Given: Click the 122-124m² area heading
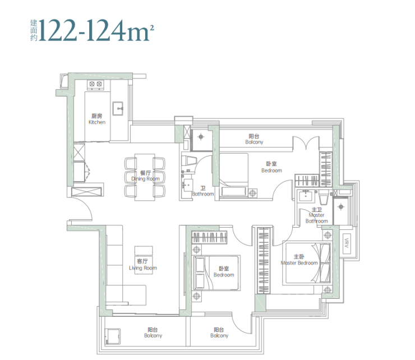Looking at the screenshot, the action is click(x=92, y=30).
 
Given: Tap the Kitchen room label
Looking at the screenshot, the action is click(x=97, y=119).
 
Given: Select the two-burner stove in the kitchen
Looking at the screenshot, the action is click(x=95, y=84).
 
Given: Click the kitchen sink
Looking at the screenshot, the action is click(x=118, y=108).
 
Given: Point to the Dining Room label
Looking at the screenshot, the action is click(x=146, y=176).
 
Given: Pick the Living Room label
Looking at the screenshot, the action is click(x=143, y=265).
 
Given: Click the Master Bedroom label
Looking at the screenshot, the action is click(x=299, y=260).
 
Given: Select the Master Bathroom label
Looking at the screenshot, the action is click(x=316, y=215).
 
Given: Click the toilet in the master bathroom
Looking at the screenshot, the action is click(x=324, y=198).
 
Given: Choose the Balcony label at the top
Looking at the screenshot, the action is click(x=254, y=139).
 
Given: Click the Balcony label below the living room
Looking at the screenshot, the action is click(x=153, y=333).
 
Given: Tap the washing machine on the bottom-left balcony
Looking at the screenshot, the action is click(x=113, y=336).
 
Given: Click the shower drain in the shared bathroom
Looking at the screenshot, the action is click(x=201, y=137).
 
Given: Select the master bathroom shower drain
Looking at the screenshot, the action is click(x=341, y=207).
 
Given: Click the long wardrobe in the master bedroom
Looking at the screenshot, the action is click(x=264, y=260).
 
